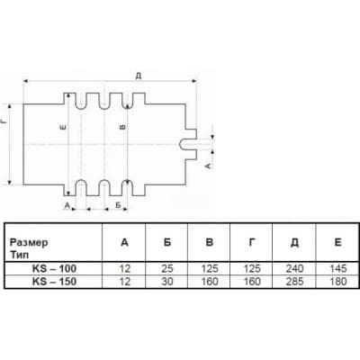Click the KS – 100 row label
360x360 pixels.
point(54,268)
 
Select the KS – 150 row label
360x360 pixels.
point(54,282)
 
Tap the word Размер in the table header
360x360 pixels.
point(29,242)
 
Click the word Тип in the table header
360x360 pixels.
point(20,255)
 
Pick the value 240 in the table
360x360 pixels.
point(294,268)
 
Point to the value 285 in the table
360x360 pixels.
point(294,282)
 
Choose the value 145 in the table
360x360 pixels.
point(337,268)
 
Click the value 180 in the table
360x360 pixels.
point(337,282)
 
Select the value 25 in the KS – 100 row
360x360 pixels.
point(167,268)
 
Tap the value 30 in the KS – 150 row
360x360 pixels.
point(167,282)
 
